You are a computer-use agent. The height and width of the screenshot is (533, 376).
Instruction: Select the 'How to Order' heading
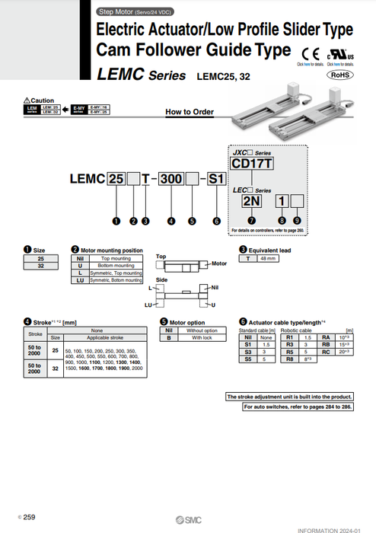click(189, 112)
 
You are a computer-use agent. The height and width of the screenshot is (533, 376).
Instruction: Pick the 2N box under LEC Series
click(251, 201)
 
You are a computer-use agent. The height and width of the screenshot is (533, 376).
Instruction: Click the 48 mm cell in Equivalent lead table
click(268, 259)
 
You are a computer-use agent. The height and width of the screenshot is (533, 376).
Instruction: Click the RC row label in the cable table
click(326, 353)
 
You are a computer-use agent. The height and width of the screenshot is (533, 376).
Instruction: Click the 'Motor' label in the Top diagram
click(219, 263)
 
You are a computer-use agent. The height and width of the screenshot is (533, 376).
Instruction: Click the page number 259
click(29, 517)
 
